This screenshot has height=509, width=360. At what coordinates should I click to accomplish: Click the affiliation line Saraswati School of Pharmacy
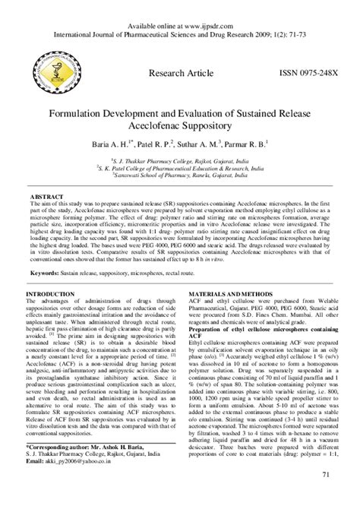(180, 174)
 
